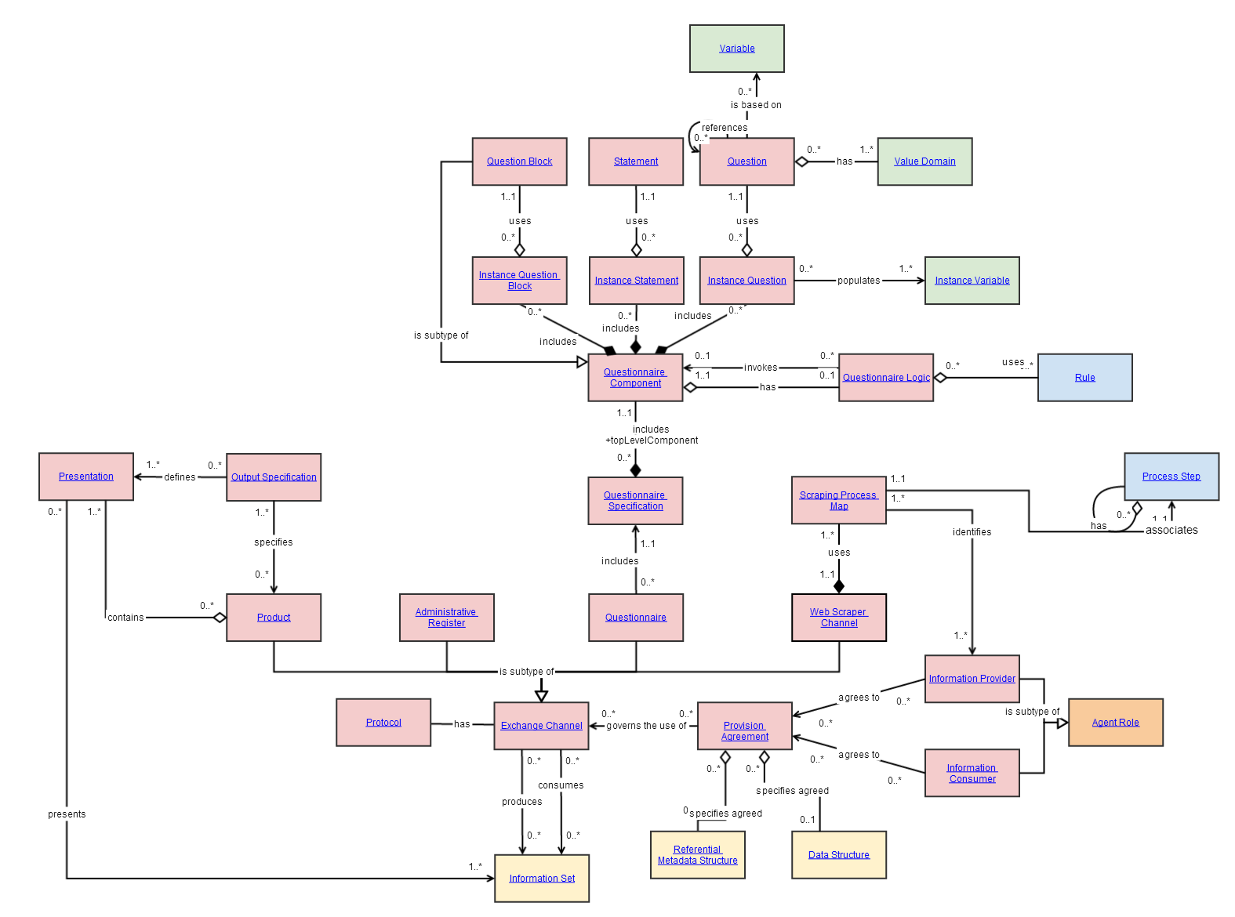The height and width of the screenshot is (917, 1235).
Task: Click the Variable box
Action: pos(736,49)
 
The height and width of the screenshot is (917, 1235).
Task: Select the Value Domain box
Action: pos(924,161)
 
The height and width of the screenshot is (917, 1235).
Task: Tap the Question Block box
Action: pos(519,161)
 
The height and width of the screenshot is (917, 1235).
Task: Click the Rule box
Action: pos(1084,378)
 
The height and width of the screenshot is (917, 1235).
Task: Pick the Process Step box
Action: pos(1171,477)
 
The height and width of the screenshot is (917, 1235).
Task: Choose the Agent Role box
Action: pos(1115,723)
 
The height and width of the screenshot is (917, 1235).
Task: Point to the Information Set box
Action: pos(541,879)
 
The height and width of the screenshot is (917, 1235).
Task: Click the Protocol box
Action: pos(383,723)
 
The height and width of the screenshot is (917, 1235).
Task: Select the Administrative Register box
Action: pos(446,618)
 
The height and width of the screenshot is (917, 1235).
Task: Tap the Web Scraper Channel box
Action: pos(838,618)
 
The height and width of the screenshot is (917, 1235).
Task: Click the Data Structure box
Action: pos(838,855)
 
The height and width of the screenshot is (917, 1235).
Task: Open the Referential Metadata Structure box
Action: pos(697,855)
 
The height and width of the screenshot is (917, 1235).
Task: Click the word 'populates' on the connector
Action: pos(859,281)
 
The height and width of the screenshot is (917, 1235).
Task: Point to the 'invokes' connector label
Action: pos(761,368)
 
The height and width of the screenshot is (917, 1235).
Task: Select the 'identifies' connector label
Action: pos(972,532)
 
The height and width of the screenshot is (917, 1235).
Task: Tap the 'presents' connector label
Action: pos(67,814)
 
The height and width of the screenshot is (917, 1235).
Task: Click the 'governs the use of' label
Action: pos(646,726)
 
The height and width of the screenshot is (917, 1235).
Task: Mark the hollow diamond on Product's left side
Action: pos(220,618)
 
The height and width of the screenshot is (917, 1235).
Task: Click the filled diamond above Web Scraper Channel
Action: pos(839,586)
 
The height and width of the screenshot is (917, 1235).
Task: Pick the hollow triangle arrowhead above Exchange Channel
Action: pos(541,695)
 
